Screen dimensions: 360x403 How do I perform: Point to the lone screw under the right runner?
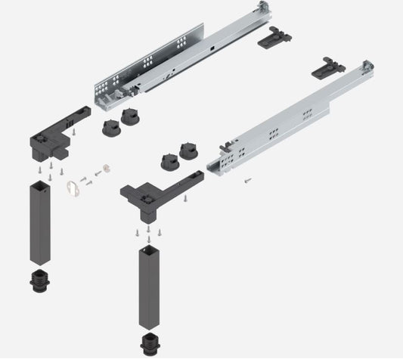coord(246,180)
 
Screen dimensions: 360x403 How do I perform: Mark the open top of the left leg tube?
coord(39,185)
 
